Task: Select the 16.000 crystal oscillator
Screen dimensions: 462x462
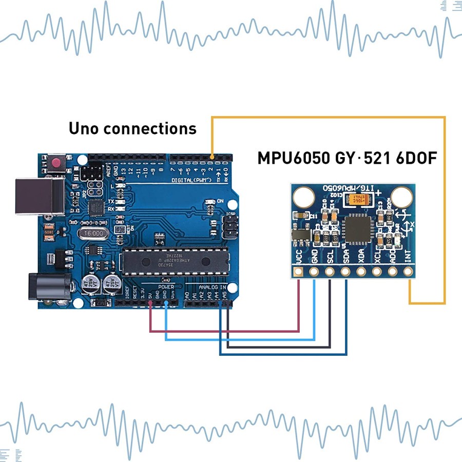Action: [x=93, y=233]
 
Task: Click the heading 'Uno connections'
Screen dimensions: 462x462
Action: [x=132, y=128]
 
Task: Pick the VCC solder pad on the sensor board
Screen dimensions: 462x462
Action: [x=298, y=273]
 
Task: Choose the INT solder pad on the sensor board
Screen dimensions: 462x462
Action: [x=409, y=273]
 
